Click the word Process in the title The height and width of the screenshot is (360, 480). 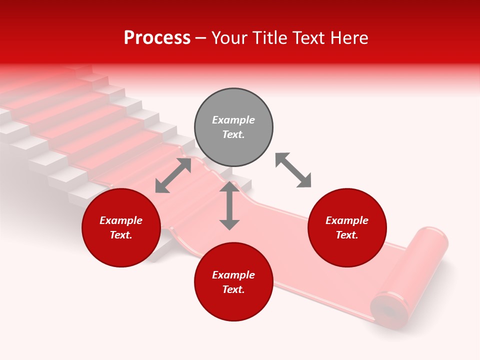coord(157,38)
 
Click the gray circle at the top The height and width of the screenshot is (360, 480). coord(233,127)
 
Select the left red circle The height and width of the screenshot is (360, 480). coord(121,228)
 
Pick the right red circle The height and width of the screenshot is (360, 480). coord(347,228)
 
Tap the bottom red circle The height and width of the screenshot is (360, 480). coord(233,282)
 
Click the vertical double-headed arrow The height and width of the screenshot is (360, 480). coord(229,205)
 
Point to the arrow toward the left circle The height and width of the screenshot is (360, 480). coord(173,175)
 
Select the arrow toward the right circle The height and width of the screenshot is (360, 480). coord(293,170)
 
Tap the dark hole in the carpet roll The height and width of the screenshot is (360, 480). coord(389,311)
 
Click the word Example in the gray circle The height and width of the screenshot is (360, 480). coord(233,120)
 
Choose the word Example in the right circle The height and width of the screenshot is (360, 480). coord(347,220)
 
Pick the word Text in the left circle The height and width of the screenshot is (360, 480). coord(120,235)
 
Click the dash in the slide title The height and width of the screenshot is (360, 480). coord(200,38)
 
